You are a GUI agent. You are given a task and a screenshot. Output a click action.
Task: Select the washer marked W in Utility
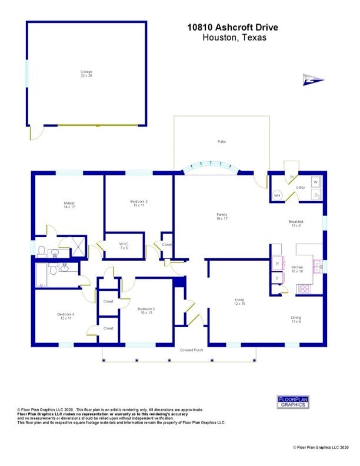tap(316, 182)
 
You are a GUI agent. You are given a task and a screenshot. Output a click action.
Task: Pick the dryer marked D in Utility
tap(316, 194)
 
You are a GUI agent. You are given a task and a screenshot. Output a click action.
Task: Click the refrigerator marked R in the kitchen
tap(277, 264)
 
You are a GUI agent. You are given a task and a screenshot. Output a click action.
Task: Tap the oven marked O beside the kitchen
tap(277, 278)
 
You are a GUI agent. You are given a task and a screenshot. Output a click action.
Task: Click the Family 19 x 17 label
tap(222, 217)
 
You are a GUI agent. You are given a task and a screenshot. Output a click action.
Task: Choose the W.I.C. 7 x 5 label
tap(124, 245)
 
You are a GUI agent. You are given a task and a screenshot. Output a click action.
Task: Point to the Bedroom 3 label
tap(146, 310)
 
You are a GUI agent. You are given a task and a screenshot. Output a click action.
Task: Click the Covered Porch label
tap(192, 350)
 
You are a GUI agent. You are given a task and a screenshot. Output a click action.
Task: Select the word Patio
tap(222, 142)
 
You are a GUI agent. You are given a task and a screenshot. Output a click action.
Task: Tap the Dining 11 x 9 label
tap(296, 319)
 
